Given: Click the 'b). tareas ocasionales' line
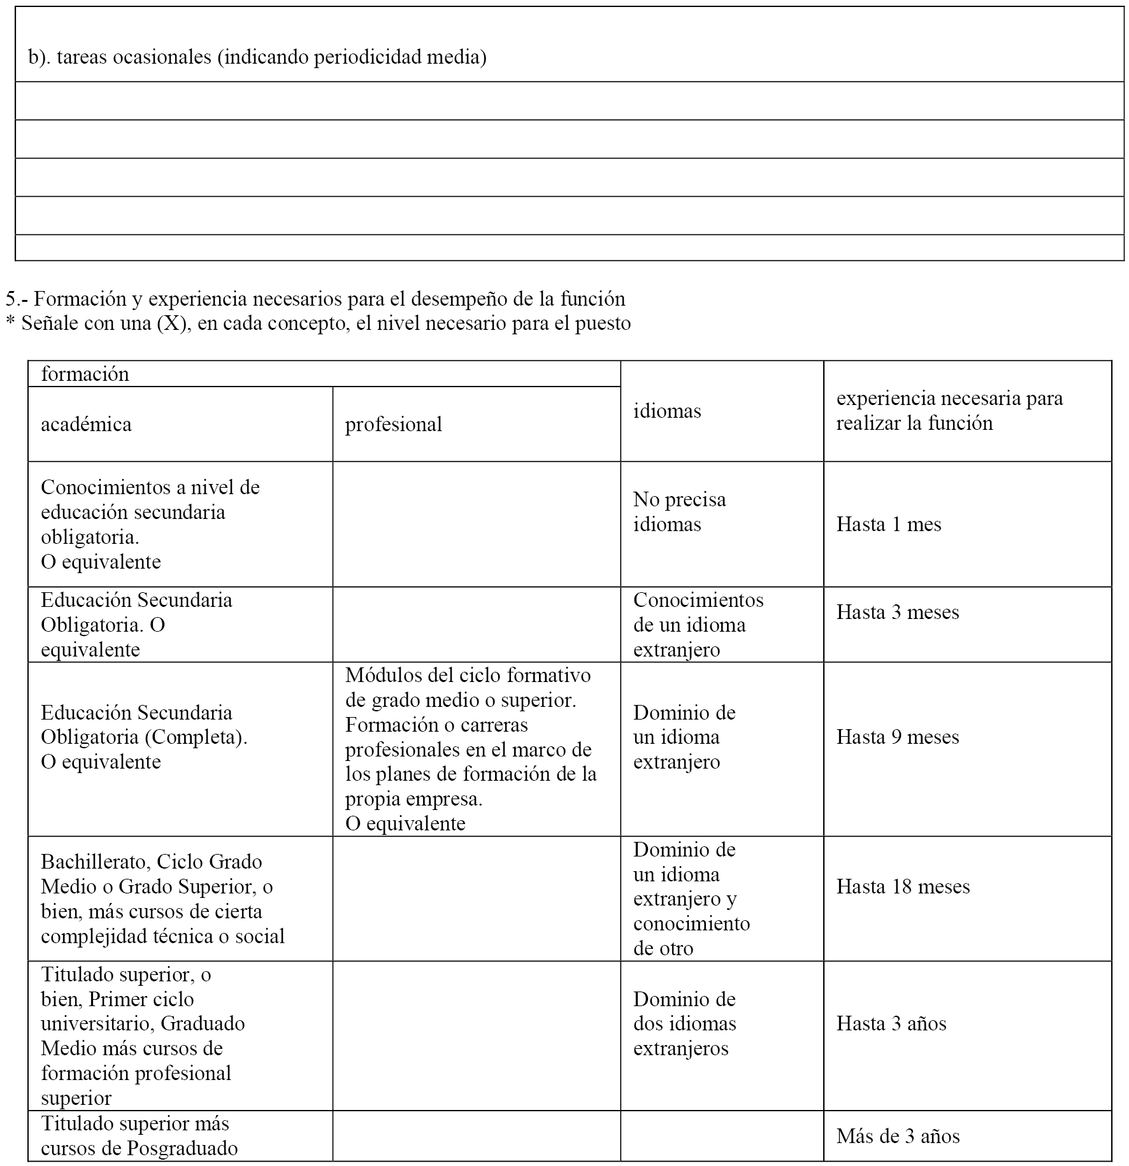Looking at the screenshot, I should click(257, 57).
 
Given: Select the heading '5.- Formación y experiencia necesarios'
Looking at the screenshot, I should click(315, 299).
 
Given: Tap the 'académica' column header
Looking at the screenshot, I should click(86, 424).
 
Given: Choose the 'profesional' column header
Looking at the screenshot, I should click(393, 424).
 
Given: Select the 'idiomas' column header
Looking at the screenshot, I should click(666, 411).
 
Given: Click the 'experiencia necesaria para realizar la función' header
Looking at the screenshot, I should click(949, 411).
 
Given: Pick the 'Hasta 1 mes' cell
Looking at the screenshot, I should click(888, 524).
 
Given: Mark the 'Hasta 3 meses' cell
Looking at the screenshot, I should click(897, 612).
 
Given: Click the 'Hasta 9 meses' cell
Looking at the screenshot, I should click(897, 737).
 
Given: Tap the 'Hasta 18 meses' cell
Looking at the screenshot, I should click(903, 886).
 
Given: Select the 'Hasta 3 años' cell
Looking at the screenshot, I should click(891, 1023).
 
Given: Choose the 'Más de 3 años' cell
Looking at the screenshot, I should click(898, 1136).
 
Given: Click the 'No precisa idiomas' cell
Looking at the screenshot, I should click(679, 512).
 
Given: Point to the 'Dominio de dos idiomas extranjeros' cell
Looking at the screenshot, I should click(684, 1023).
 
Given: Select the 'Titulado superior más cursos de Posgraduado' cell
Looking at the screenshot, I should click(139, 1136).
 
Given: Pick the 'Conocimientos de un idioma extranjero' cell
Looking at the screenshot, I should click(698, 625).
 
